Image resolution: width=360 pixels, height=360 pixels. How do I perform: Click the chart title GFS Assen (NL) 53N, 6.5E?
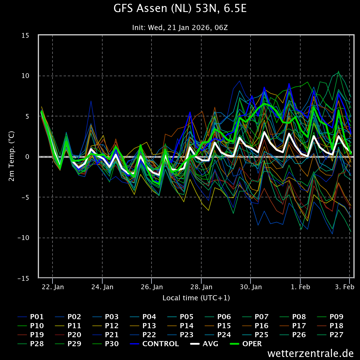[180, 8]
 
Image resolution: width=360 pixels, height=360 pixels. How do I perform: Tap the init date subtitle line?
[180, 28]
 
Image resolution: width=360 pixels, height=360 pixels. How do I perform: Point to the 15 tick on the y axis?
[25, 35]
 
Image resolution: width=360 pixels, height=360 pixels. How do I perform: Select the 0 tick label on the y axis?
[27, 157]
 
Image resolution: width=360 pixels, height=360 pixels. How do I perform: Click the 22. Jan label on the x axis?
[53, 287]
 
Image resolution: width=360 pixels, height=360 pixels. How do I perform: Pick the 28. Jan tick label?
[201, 287]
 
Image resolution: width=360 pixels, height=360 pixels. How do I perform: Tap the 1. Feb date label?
[300, 287]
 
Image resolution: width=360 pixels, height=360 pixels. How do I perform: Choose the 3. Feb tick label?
[345, 287]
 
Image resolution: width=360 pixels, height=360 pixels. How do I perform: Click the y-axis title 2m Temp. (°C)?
[11, 156]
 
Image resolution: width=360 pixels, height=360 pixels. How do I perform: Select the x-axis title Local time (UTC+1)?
[196, 298]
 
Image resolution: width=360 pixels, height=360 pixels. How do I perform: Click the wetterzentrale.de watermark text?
[310, 353]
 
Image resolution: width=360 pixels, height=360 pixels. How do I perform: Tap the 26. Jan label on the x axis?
[152, 287]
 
